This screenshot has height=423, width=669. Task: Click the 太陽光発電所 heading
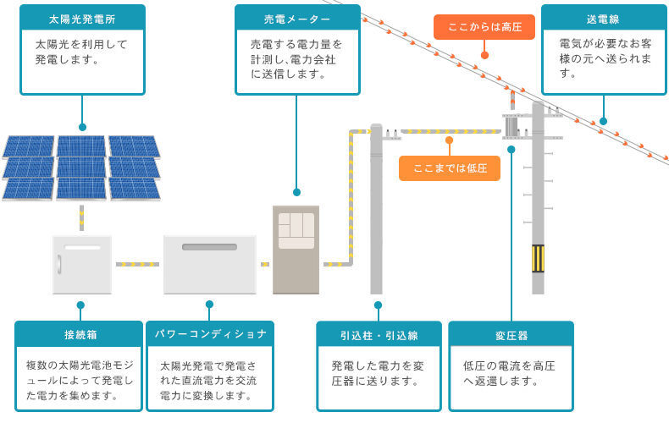coord(81,16)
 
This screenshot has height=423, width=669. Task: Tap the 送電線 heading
coord(603,16)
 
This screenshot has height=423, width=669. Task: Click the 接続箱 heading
coord(80,334)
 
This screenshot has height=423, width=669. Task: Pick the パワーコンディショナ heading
coord(211,334)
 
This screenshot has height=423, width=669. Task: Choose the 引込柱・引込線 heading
coord(379,334)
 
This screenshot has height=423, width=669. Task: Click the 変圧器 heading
coord(511,334)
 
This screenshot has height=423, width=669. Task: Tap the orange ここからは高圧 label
coord(484,27)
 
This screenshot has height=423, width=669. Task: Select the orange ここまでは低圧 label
coord(450,168)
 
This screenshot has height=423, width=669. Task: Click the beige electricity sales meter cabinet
coord(296,250)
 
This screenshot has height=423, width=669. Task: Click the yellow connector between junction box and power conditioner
coord(137,265)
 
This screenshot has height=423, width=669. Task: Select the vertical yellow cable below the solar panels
coord(81,217)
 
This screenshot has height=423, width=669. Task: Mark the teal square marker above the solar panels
coord(81,126)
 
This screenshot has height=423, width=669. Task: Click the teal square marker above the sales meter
coord(296,192)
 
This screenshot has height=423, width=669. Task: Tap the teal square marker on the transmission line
coord(603,120)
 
